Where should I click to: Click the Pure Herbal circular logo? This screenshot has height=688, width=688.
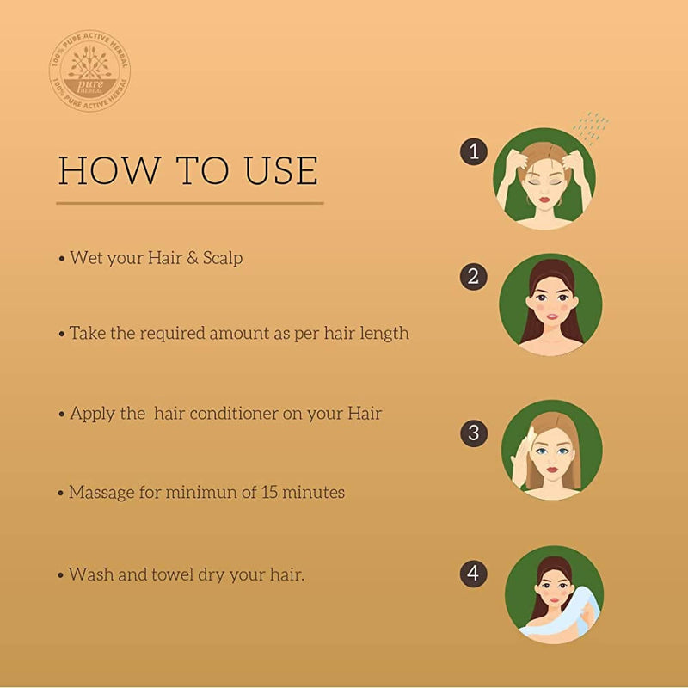[x=90, y=71]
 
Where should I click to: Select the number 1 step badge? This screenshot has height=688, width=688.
[x=473, y=151]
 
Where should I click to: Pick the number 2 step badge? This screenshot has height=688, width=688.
[x=473, y=276]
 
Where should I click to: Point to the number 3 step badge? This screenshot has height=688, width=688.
[x=473, y=432]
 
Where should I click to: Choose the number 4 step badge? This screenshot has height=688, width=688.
[x=473, y=573]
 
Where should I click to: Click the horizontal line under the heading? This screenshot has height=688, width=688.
[x=189, y=203]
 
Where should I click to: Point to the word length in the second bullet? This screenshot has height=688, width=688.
[x=384, y=333]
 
